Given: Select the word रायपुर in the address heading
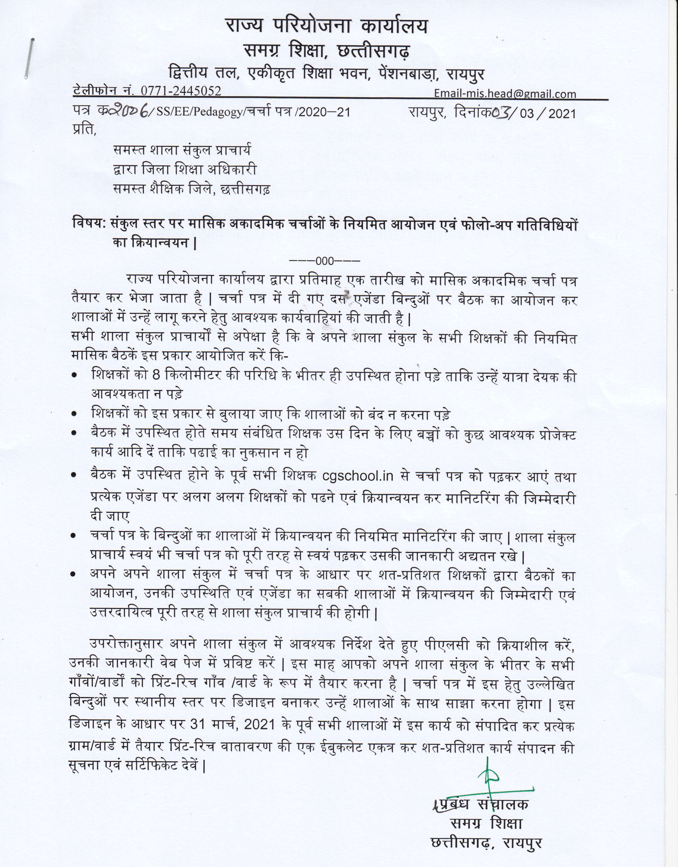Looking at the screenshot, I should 465,74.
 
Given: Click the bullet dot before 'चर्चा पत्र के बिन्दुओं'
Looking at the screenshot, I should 73,536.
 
